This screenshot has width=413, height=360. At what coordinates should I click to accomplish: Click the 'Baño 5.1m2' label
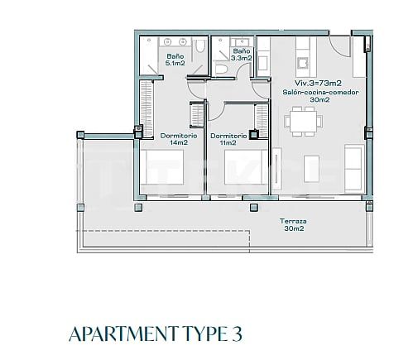[x=174, y=59]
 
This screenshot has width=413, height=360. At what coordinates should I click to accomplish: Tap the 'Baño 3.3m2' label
[x=241, y=55]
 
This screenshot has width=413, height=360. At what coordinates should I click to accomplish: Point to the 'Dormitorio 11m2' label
[x=228, y=139]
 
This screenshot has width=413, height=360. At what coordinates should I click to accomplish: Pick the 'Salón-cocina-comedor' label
[x=319, y=93]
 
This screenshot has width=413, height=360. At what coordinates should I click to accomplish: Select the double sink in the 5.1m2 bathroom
[x=171, y=41]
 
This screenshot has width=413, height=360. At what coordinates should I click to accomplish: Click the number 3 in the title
[x=237, y=334]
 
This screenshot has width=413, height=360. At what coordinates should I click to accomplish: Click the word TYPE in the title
[x=200, y=334]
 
